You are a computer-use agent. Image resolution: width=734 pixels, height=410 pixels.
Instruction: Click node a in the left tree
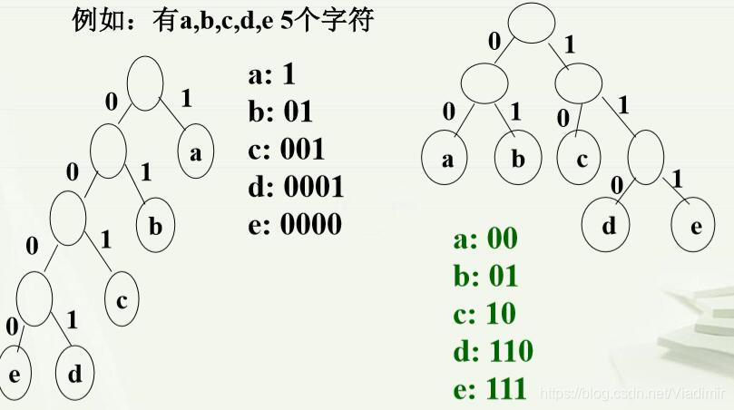[195, 152]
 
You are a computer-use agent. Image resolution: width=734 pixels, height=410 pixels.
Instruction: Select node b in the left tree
[155, 225]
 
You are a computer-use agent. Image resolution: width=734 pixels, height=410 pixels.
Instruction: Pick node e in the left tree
[15, 372]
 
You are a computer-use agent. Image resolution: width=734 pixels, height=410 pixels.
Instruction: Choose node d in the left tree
[74, 372]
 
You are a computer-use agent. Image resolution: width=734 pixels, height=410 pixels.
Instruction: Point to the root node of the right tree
[530, 24]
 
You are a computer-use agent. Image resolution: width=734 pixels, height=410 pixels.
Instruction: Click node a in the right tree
[445, 161]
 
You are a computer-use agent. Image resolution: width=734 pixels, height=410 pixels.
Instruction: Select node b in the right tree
[518, 161]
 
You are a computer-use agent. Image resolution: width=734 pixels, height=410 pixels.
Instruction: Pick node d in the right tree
[609, 224]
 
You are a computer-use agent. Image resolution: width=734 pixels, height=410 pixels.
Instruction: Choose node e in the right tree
[695, 224]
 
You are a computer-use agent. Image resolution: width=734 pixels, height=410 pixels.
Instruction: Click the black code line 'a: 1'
[269, 76]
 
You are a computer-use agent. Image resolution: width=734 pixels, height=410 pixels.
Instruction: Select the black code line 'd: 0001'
[295, 186]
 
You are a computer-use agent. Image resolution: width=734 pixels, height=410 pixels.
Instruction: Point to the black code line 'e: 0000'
[295, 223]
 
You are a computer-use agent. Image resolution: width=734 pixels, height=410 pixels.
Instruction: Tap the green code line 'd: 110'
[493, 350]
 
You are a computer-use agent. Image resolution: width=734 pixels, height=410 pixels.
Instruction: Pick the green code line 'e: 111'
[490, 388]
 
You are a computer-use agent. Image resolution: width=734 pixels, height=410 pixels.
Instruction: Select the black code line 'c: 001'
[286, 149]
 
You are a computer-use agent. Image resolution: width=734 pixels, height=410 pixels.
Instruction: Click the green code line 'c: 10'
[484, 313]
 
